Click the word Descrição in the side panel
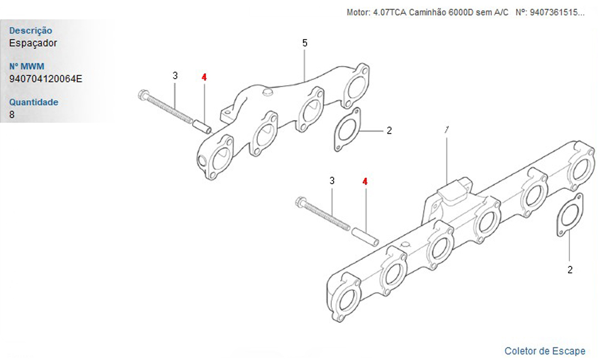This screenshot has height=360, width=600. tap(31, 31)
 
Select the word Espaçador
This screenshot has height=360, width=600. tap(33, 43)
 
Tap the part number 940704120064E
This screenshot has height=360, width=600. tap(46, 79)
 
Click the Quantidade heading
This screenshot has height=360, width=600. tap(34, 102)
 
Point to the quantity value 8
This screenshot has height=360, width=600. tap(12, 115)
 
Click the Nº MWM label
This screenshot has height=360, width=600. tap(27, 66)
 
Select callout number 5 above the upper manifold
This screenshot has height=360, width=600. tap(305, 43)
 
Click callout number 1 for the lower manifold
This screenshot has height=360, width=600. tap(446, 130)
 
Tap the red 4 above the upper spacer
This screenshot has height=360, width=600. tap(204, 77)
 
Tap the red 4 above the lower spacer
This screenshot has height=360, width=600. tap(365, 181)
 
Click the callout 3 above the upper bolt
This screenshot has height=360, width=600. tap(175, 76)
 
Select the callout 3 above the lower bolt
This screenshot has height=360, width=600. tap(332, 181)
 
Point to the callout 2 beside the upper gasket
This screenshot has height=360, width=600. tap(389, 130)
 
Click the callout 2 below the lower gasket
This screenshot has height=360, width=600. tap(570, 270)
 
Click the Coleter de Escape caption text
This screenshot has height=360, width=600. tap(545, 351)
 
